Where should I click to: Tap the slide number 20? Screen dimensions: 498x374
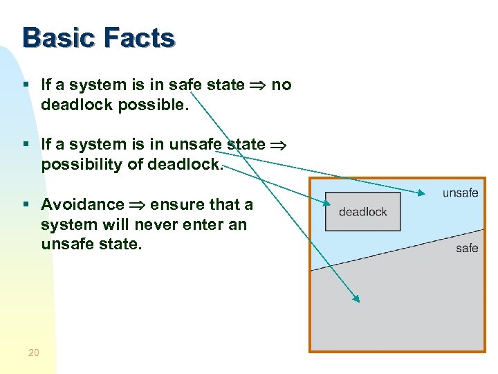(x=33, y=353)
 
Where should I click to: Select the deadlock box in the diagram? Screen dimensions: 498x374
(x=362, y=212)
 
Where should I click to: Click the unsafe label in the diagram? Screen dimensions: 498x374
(x=460, y=193)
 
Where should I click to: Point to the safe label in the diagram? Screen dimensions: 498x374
(x=467, y=248)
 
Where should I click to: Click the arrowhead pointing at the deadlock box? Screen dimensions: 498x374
(x=327, y=203)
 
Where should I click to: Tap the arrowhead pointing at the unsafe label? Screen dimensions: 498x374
(x=422, y=192)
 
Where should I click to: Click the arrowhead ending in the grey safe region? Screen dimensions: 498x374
(x=356, y=299)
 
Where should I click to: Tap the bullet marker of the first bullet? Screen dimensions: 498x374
(x=26, y=85)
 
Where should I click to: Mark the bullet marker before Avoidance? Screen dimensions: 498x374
(x=26, y=205)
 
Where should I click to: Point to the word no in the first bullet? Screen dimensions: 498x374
(x=282, y=85)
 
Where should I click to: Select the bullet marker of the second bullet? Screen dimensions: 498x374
(x=26, y=145)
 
